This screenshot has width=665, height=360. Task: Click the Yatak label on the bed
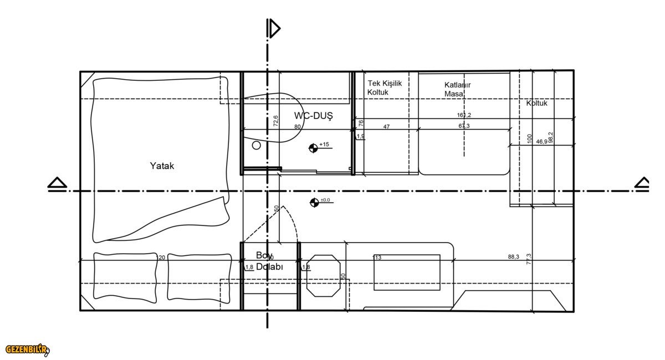[162, 166]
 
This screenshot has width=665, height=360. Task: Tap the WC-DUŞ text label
[313, 116]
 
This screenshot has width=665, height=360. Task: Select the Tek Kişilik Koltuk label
[385, 88]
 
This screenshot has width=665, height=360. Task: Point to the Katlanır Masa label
[457, 89]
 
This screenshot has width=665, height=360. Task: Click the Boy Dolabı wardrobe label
[269, 261]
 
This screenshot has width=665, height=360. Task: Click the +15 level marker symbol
[314, 147]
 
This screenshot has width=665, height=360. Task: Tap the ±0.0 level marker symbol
[315, 202]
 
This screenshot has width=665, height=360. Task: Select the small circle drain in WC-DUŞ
[256, 145]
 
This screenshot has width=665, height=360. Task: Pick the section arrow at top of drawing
[273, 28]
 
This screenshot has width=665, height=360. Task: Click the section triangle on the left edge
[57, 183]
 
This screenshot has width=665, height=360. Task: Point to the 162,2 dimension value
[464, 115]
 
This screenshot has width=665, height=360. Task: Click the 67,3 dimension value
[464, 126]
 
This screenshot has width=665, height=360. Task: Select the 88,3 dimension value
[513, 256]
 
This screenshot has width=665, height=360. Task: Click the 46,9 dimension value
[541, 142]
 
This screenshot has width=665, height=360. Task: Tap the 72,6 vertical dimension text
[275, 121]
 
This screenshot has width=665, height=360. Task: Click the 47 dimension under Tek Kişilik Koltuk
[386, 127]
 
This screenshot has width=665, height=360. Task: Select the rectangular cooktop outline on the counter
[407, 272]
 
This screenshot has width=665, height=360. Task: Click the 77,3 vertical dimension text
[529, 259]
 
